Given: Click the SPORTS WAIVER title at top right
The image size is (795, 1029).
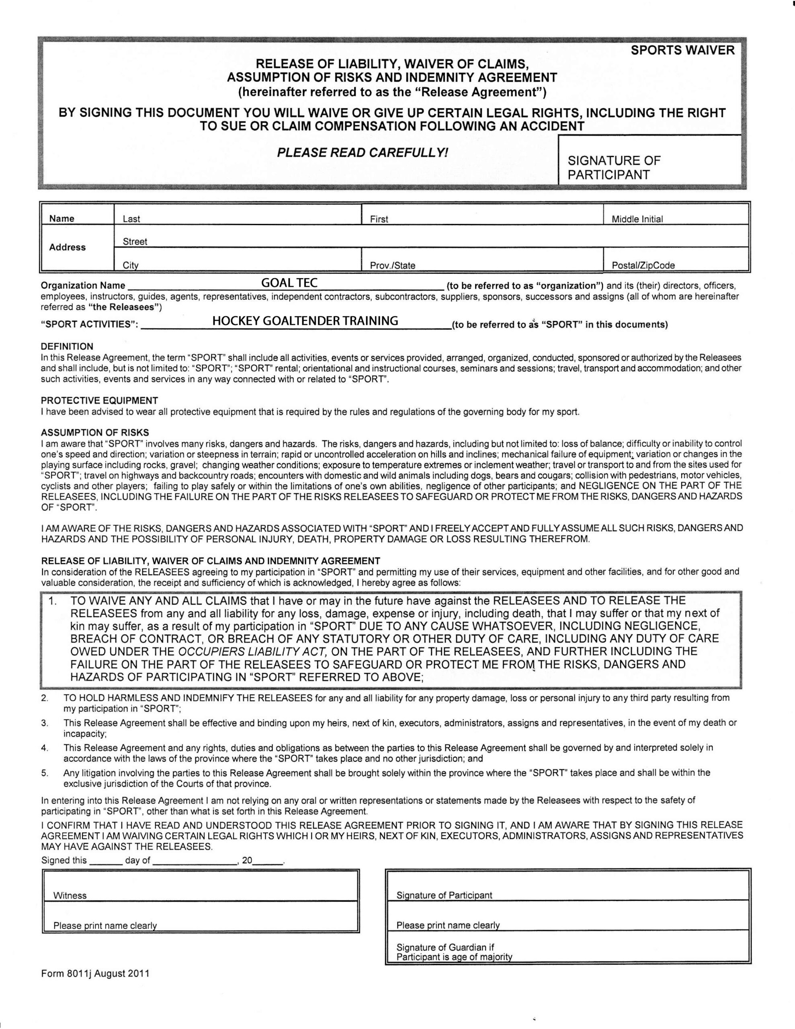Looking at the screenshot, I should (x=682, y=50).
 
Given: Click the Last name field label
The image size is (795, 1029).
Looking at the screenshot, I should (x=131, y=219).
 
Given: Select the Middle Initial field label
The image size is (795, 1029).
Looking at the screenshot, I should (x=637, y=219).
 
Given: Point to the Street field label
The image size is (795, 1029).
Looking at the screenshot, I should (x=135, y=242).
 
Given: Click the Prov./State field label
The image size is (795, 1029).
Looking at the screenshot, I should (x=393, y=266).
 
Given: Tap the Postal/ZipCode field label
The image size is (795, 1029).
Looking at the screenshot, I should (x=643, y=266).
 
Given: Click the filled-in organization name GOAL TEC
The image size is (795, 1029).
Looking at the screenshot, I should (x=289, y=283).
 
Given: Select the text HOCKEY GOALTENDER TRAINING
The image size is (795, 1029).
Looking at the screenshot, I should (x=305, y=321).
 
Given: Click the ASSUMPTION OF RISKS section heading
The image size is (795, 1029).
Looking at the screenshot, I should (x=95, y=433).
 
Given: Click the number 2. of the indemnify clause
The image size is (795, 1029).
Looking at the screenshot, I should (x=45, y=698).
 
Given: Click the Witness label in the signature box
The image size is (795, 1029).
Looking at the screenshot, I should (x=70, y=896).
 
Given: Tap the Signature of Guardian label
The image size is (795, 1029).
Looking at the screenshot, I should (x=445, y=947).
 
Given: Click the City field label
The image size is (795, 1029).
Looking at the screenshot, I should (x=131, y=265).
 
